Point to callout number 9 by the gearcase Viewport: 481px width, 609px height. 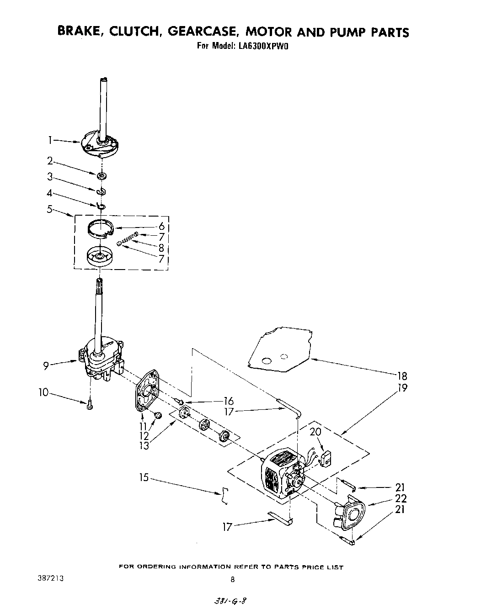tap(46, 365)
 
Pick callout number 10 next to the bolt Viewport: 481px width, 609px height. tap(43, 392)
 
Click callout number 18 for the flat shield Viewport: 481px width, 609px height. tap(402, 376)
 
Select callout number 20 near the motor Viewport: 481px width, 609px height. tap(315, 432)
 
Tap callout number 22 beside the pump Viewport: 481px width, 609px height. tap(401, 498)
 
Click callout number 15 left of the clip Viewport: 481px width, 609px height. tap(144, 477)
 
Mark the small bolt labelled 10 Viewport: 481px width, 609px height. tap(90, 404)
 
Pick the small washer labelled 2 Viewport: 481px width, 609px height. tap(101, 175)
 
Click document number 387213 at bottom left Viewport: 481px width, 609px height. tap(50, 578)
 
